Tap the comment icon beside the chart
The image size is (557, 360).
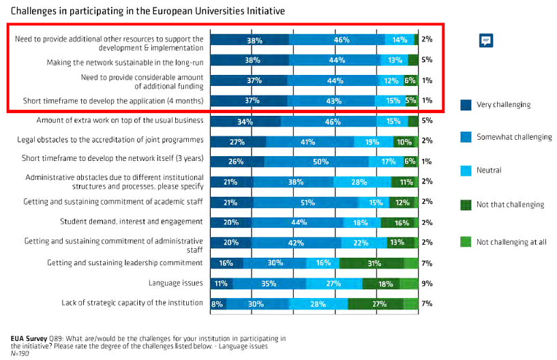pyautogui.click(x=485, y=41)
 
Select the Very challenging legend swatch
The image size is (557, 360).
pyautogui.click(x=466, y=105)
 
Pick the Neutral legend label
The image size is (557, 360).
pyautogui.click(x=488, y=170)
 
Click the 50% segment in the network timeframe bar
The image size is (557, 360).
pyautogui.click(x=317, y=162)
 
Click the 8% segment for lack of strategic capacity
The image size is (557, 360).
pyautogui.click(x=217, y=303)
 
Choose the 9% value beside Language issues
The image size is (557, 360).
pyautogui.click(x=427, y=283)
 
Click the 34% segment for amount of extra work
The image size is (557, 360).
pyautogui.click(x=245, y=121)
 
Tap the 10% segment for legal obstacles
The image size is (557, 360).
pyautogui.click(x=404, y=142)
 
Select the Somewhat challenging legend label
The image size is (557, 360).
pyautogui.click(x=515, y=137)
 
